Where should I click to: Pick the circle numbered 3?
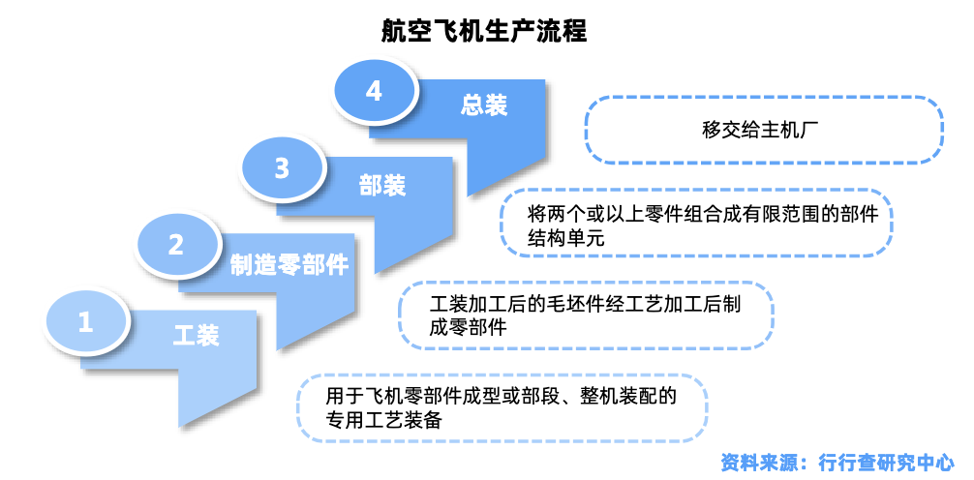pos(282,169)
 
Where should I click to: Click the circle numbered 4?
pos(375,92)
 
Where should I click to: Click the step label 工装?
pos(197,336)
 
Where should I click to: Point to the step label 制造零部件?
pos(289,265)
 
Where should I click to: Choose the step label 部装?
pos(382,186)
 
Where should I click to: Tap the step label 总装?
pos(484,105)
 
